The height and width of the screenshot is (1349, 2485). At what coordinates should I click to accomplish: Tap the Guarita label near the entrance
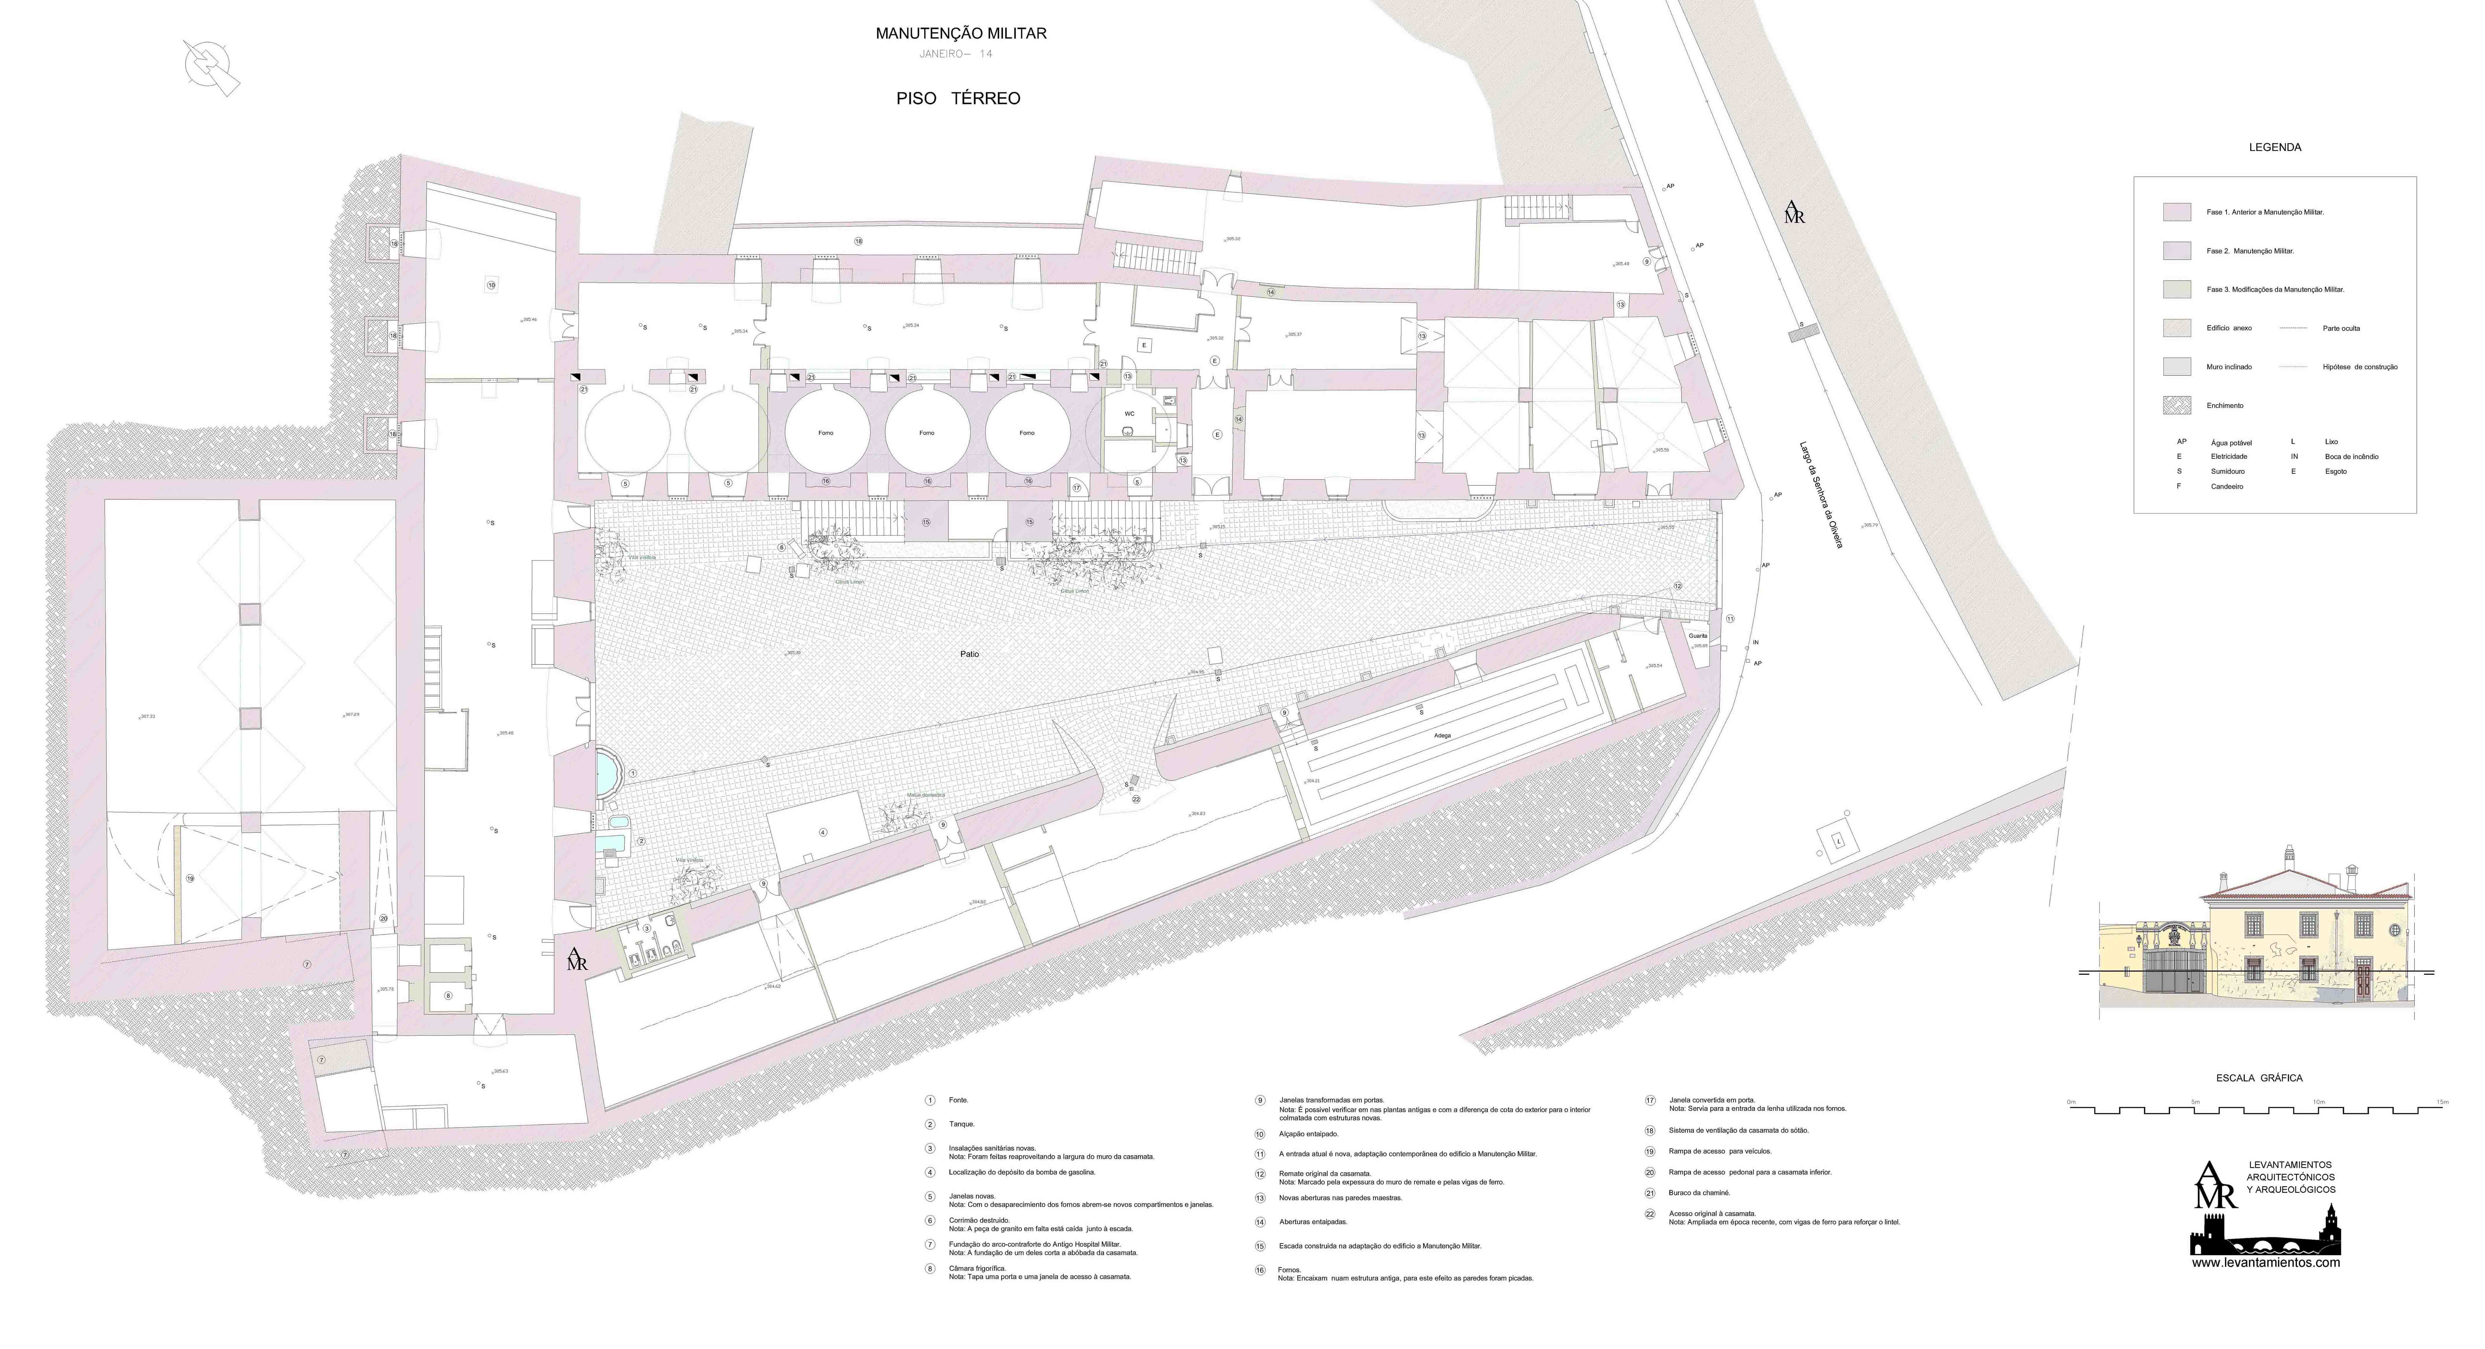[1698, 636]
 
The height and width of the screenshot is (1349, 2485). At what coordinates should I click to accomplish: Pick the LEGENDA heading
[2275, 147]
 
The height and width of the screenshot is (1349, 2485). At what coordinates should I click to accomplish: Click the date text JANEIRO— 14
[955, 54]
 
